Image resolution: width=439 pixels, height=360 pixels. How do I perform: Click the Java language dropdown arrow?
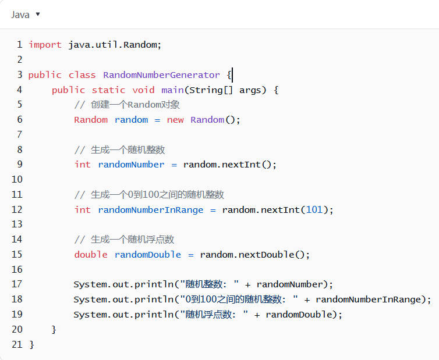[38, 14]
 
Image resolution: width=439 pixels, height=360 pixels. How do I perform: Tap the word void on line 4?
[143, 90]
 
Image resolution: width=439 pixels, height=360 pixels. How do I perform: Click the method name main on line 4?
[172, 90]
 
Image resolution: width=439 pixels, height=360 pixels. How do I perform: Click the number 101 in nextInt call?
[314, 209]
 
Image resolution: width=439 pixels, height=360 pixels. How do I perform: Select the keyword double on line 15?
[91, 254]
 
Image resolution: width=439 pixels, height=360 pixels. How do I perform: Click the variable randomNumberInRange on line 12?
[151, 209]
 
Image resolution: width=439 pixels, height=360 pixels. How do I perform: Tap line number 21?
[17, 344]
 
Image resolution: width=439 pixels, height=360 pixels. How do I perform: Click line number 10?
[17, 179]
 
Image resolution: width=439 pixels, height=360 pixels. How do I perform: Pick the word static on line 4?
[108, 90]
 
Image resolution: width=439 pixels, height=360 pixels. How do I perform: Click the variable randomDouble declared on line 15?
[148, 254]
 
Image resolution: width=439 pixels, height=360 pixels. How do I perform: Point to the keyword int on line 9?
[83, 165]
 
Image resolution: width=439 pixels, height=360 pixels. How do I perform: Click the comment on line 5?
[127, 105]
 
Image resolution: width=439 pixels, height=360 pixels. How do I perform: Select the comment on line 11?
[149, 194]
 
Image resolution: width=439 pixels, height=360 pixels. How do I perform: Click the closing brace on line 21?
[32, 344]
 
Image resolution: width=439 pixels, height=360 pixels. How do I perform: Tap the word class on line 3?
[82, 74]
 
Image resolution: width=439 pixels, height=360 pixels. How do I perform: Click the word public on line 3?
[45, 74]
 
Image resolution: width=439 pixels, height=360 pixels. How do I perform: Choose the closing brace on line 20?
[54, 329]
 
